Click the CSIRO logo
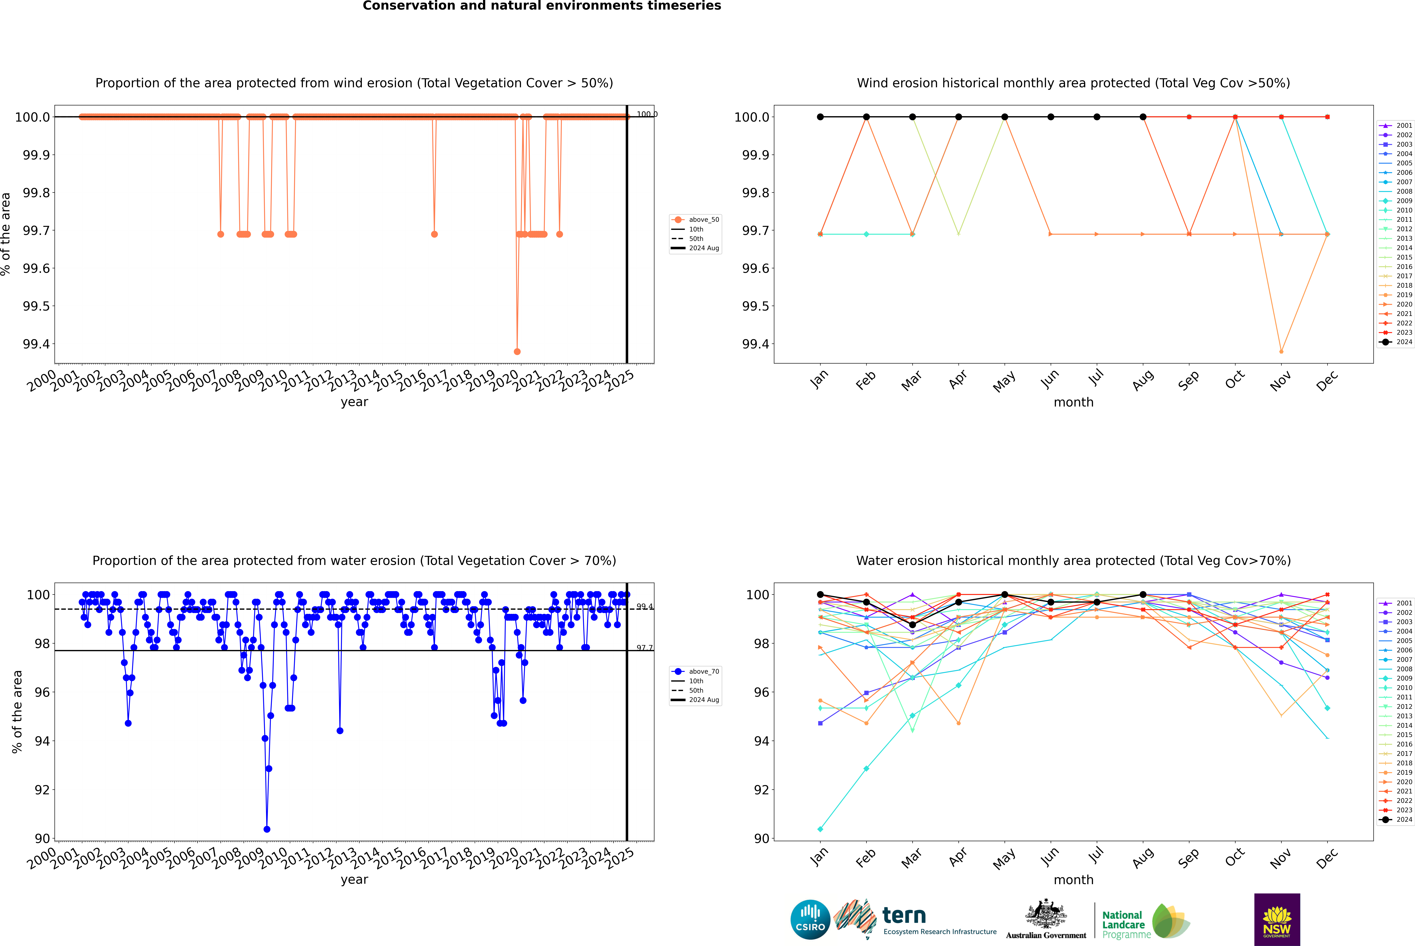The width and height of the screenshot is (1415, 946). [x=810, y=919]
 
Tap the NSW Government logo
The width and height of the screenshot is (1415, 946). [x=1277, y=919]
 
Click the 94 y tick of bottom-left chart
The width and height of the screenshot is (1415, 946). [x=42, y=741]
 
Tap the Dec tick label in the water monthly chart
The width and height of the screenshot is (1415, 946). [x=1327, y=858]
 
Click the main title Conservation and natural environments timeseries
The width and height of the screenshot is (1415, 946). [x=542, y=6]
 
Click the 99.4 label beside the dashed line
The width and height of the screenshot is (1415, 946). [x=644, y=606]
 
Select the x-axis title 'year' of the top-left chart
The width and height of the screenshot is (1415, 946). [x=354, y=402]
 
